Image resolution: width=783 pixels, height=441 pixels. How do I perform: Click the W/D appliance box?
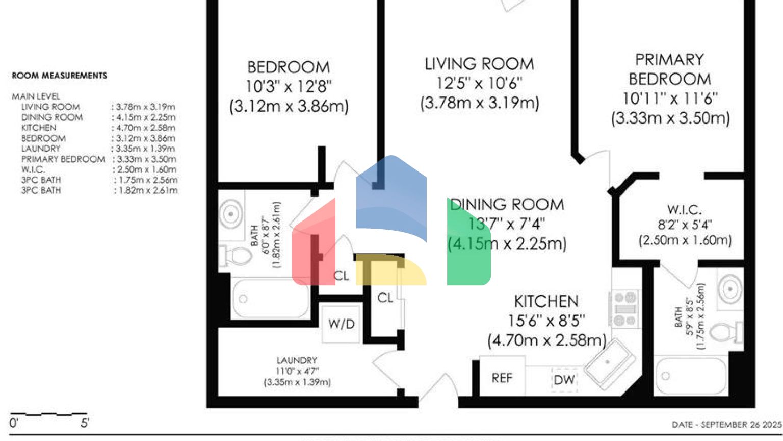coord(341,324)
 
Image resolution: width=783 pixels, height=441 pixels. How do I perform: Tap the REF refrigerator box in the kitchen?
coord(502,378)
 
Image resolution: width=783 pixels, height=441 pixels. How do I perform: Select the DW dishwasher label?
coord(564,380)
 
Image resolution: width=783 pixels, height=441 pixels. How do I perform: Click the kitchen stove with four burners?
coord(624,309)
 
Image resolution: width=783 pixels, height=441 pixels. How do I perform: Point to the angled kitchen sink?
coord(609,363)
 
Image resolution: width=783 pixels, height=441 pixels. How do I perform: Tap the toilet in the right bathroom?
coord(726,332)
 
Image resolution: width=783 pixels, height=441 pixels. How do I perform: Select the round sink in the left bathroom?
coord(231,213)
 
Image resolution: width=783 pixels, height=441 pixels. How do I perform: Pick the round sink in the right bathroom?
coord(730,289)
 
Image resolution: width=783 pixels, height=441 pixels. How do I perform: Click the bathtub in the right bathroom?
coord(691,376)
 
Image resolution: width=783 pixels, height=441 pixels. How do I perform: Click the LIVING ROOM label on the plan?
coord(479,64)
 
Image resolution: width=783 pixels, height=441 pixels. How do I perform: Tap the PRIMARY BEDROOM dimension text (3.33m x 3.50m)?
coord(670,118)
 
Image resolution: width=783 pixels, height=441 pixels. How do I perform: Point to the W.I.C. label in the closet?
coord(684,210)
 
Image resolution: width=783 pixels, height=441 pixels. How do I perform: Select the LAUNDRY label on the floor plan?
coord(297,360)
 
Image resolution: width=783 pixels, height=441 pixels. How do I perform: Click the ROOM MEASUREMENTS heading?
coord(59,76)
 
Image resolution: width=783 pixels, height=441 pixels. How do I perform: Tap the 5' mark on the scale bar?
coord(85,423)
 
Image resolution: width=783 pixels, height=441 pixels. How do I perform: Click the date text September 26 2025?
coord(726,425)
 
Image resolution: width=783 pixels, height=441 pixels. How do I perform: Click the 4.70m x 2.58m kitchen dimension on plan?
coord(546,340)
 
